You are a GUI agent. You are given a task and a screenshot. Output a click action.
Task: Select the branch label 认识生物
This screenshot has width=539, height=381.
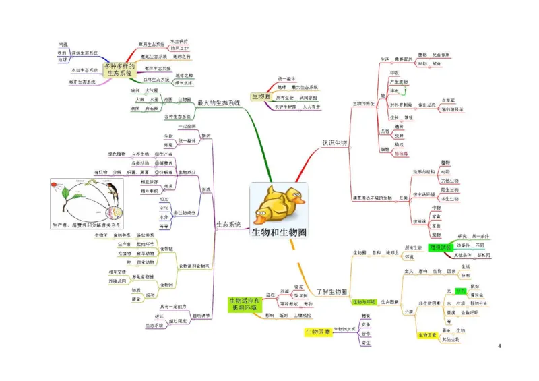(x=334, y=143)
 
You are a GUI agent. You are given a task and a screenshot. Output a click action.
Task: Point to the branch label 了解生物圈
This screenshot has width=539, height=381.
(x=331, y=291)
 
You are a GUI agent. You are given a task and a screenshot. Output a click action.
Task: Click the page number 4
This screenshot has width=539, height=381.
(x=499, y=346)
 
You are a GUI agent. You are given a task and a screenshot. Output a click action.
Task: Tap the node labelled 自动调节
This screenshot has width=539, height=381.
(x=201, y=315)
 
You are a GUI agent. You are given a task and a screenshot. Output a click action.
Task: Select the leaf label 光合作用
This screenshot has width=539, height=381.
(x=441, y=55)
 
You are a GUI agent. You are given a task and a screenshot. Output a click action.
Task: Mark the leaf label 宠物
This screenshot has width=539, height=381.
(x=436, y=234)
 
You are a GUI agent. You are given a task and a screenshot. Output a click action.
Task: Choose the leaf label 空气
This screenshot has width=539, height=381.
(x=164, y=208)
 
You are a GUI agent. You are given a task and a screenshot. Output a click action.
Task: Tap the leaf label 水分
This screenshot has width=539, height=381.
(x=164, y=217)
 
